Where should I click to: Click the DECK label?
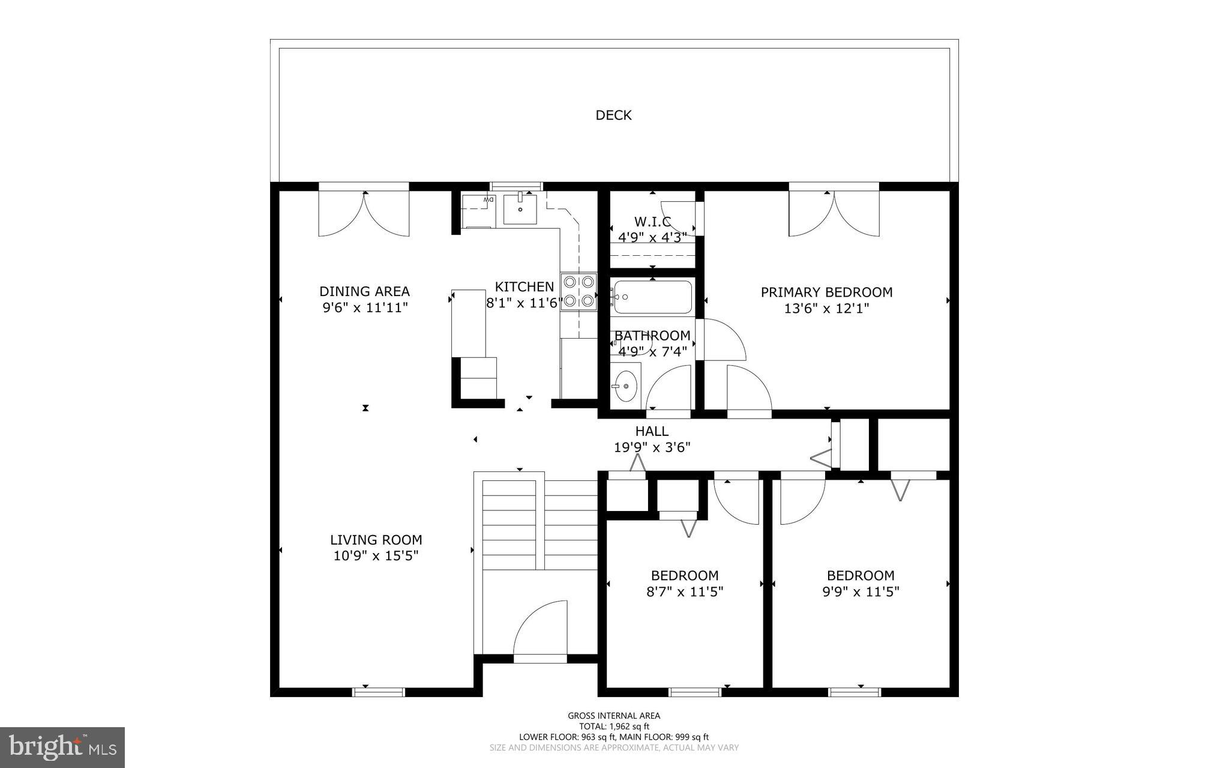[x=613, y=115]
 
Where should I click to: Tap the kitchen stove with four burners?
[x=579, y=291]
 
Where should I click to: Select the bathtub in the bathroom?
[x=652, y=297]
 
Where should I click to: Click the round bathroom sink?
[x=626, y=385]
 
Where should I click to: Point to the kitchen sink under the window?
[x=520, y=208]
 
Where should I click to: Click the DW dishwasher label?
[x=488, y=199]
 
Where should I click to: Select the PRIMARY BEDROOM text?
[x=826, y=292]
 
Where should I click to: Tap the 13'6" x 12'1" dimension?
[x=826, y=309]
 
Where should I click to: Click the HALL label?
[x=652, y=431]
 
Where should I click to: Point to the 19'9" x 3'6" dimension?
[x=652, y=447]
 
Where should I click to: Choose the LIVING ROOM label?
[x=376, y=540]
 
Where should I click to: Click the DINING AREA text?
[x=364, y=292]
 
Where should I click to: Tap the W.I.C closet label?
[x=652, y=222]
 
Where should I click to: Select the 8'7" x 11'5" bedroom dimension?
[x=685, y=592]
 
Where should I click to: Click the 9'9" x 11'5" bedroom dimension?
[x=861, y=592]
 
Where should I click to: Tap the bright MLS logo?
[x=62, y=747]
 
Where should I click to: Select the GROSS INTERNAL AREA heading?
[x=614, y=716]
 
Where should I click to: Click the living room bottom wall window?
[x=378, y=692]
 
